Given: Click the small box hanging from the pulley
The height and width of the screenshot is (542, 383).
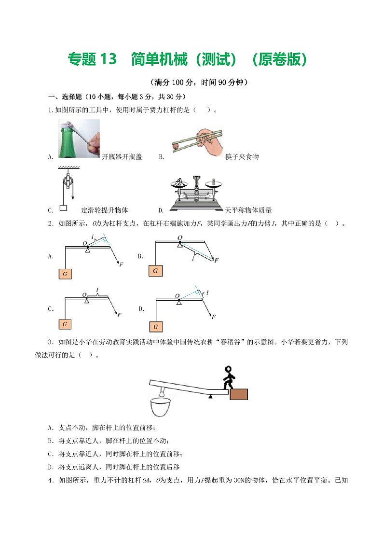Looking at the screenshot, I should click(63, 208).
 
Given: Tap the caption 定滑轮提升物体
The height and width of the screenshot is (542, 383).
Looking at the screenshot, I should click(105, 210).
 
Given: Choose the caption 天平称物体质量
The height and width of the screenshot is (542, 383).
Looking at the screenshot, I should click(248, 210).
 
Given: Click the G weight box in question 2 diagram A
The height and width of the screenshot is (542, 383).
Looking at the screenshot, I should click(65, 274).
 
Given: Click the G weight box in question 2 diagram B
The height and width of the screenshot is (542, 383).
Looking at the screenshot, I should click(155, 271).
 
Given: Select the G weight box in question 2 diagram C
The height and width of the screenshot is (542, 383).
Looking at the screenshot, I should click(65, 323).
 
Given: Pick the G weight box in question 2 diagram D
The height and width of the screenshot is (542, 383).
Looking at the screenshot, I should click(156, 327).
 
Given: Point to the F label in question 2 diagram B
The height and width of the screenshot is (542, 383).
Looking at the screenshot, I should click(217, 260).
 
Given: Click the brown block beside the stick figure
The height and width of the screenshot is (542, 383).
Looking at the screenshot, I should click(239, 394).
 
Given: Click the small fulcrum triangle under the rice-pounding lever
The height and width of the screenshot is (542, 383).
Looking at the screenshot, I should click(210, 397).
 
